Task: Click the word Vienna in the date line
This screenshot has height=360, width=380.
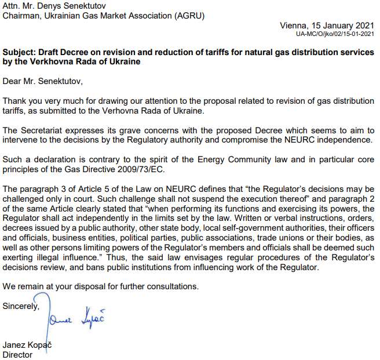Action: (x=293, y=26)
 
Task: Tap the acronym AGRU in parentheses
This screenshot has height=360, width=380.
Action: (x=188, y=16)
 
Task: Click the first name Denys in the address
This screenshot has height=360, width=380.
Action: (x=61, y=6)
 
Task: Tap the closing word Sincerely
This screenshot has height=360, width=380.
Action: (x=21, y=306)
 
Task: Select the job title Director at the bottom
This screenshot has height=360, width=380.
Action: (x=18, y=355)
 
